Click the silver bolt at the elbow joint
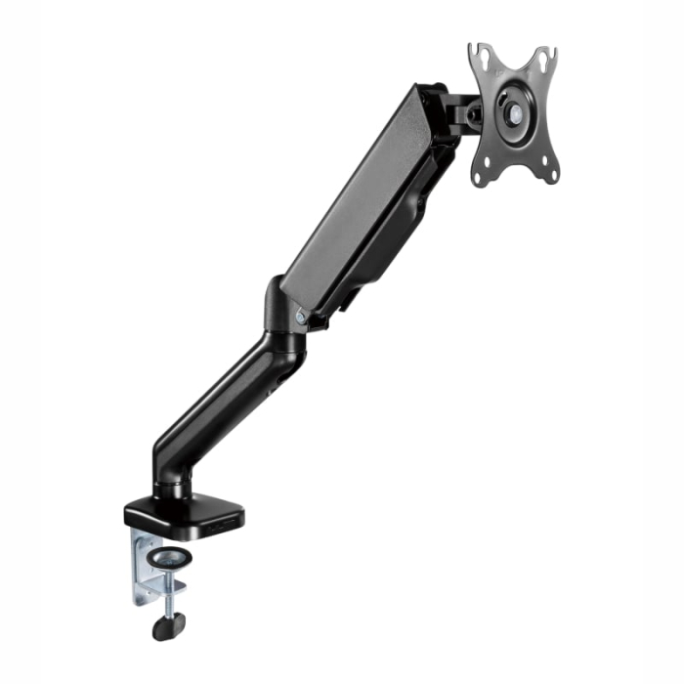click(x=300, y=315)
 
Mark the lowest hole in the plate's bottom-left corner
click(x=480, y=178)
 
